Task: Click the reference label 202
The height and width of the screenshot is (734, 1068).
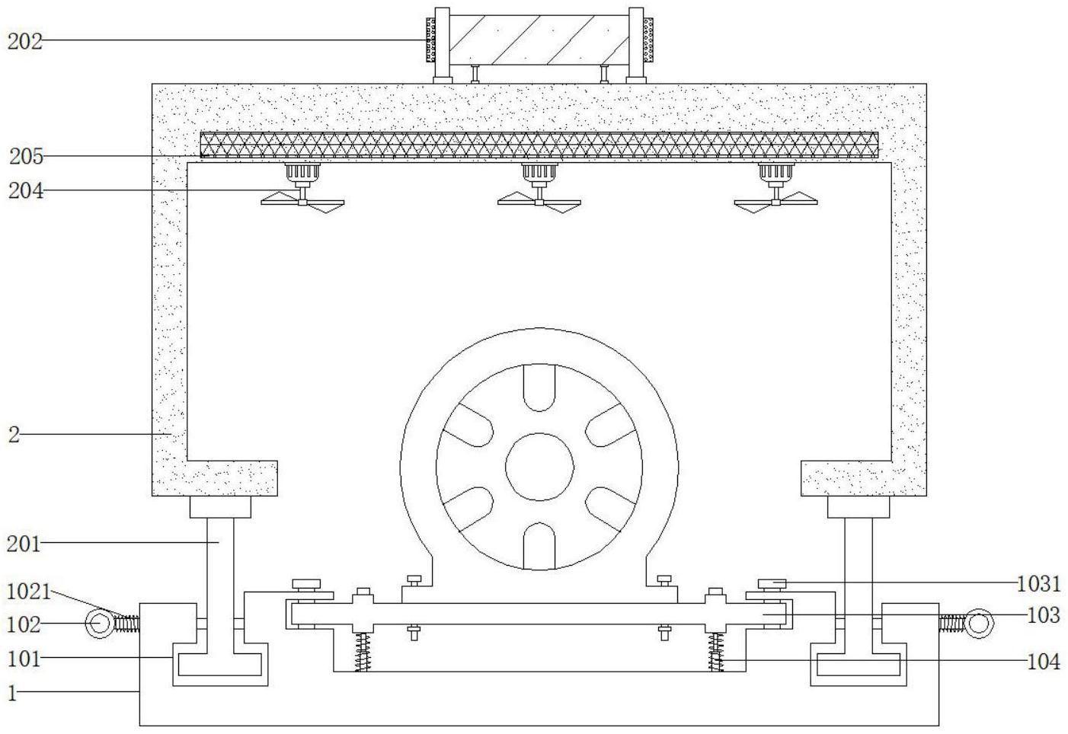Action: pos(25,41)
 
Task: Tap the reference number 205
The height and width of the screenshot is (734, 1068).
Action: pos(27,156)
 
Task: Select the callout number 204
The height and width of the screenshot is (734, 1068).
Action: pos(26,190)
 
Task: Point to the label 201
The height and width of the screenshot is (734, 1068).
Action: pos(24,544)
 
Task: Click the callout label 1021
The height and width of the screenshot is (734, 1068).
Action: pos(29,592)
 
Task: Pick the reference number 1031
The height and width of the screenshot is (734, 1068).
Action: pos(1039,584)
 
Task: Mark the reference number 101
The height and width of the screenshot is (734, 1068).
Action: pos(24,659)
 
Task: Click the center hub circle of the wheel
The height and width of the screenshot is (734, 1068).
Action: pos(539,467)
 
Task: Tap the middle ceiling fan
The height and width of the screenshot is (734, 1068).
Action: pos(539,188)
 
